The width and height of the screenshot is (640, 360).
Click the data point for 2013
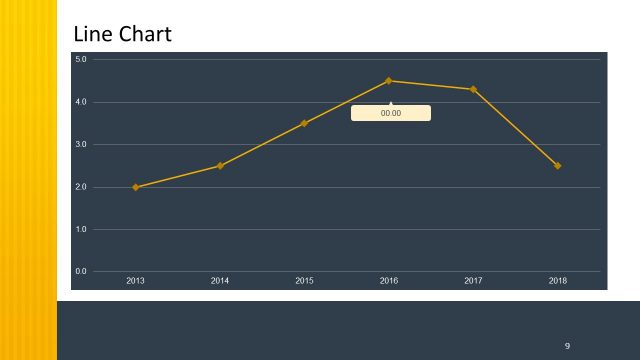pyautogui.click(x=135, y=187)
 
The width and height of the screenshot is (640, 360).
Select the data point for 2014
pyautogui.click(x=220, y=166)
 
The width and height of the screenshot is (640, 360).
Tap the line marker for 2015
pyautogui.click(x=304, y=123)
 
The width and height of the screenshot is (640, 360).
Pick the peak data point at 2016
pyautogui.click(x=389, y=81)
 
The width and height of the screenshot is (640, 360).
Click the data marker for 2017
pyautogui.click(x=473, y=89)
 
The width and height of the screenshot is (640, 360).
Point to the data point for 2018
pyautogui.click(x=558, y=166)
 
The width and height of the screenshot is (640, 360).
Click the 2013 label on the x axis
pyautogui.click(x=135, y=281)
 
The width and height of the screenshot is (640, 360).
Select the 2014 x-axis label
pyautogui.click(x=220, y=281)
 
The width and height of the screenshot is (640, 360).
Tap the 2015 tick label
pyautogui.click(x=304, y=281)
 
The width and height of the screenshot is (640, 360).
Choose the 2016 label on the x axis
pyautogui.click(x=389, y=281)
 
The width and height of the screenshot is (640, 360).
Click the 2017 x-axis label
pyautogui.click(x=473, y=281)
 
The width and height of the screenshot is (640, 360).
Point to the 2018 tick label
pyautogui.click(x=558, y=281)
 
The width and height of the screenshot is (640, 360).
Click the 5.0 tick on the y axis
pyautogui.click(x=82, y=60)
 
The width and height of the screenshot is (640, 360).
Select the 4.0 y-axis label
pyautogui.click(x=82, y=102)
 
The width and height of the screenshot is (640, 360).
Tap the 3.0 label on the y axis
pyautogui.click(x=82, y=145)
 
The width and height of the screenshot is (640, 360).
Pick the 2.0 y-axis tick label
pyautogui.click(x=82, y=187)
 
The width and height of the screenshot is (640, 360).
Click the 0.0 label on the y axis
pyautogui.click(x=82, y=272)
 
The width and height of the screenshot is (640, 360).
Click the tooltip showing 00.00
pyautogui.click(x=391, y=113)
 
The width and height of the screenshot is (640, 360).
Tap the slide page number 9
pyautogui.click(x=567, y=346)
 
